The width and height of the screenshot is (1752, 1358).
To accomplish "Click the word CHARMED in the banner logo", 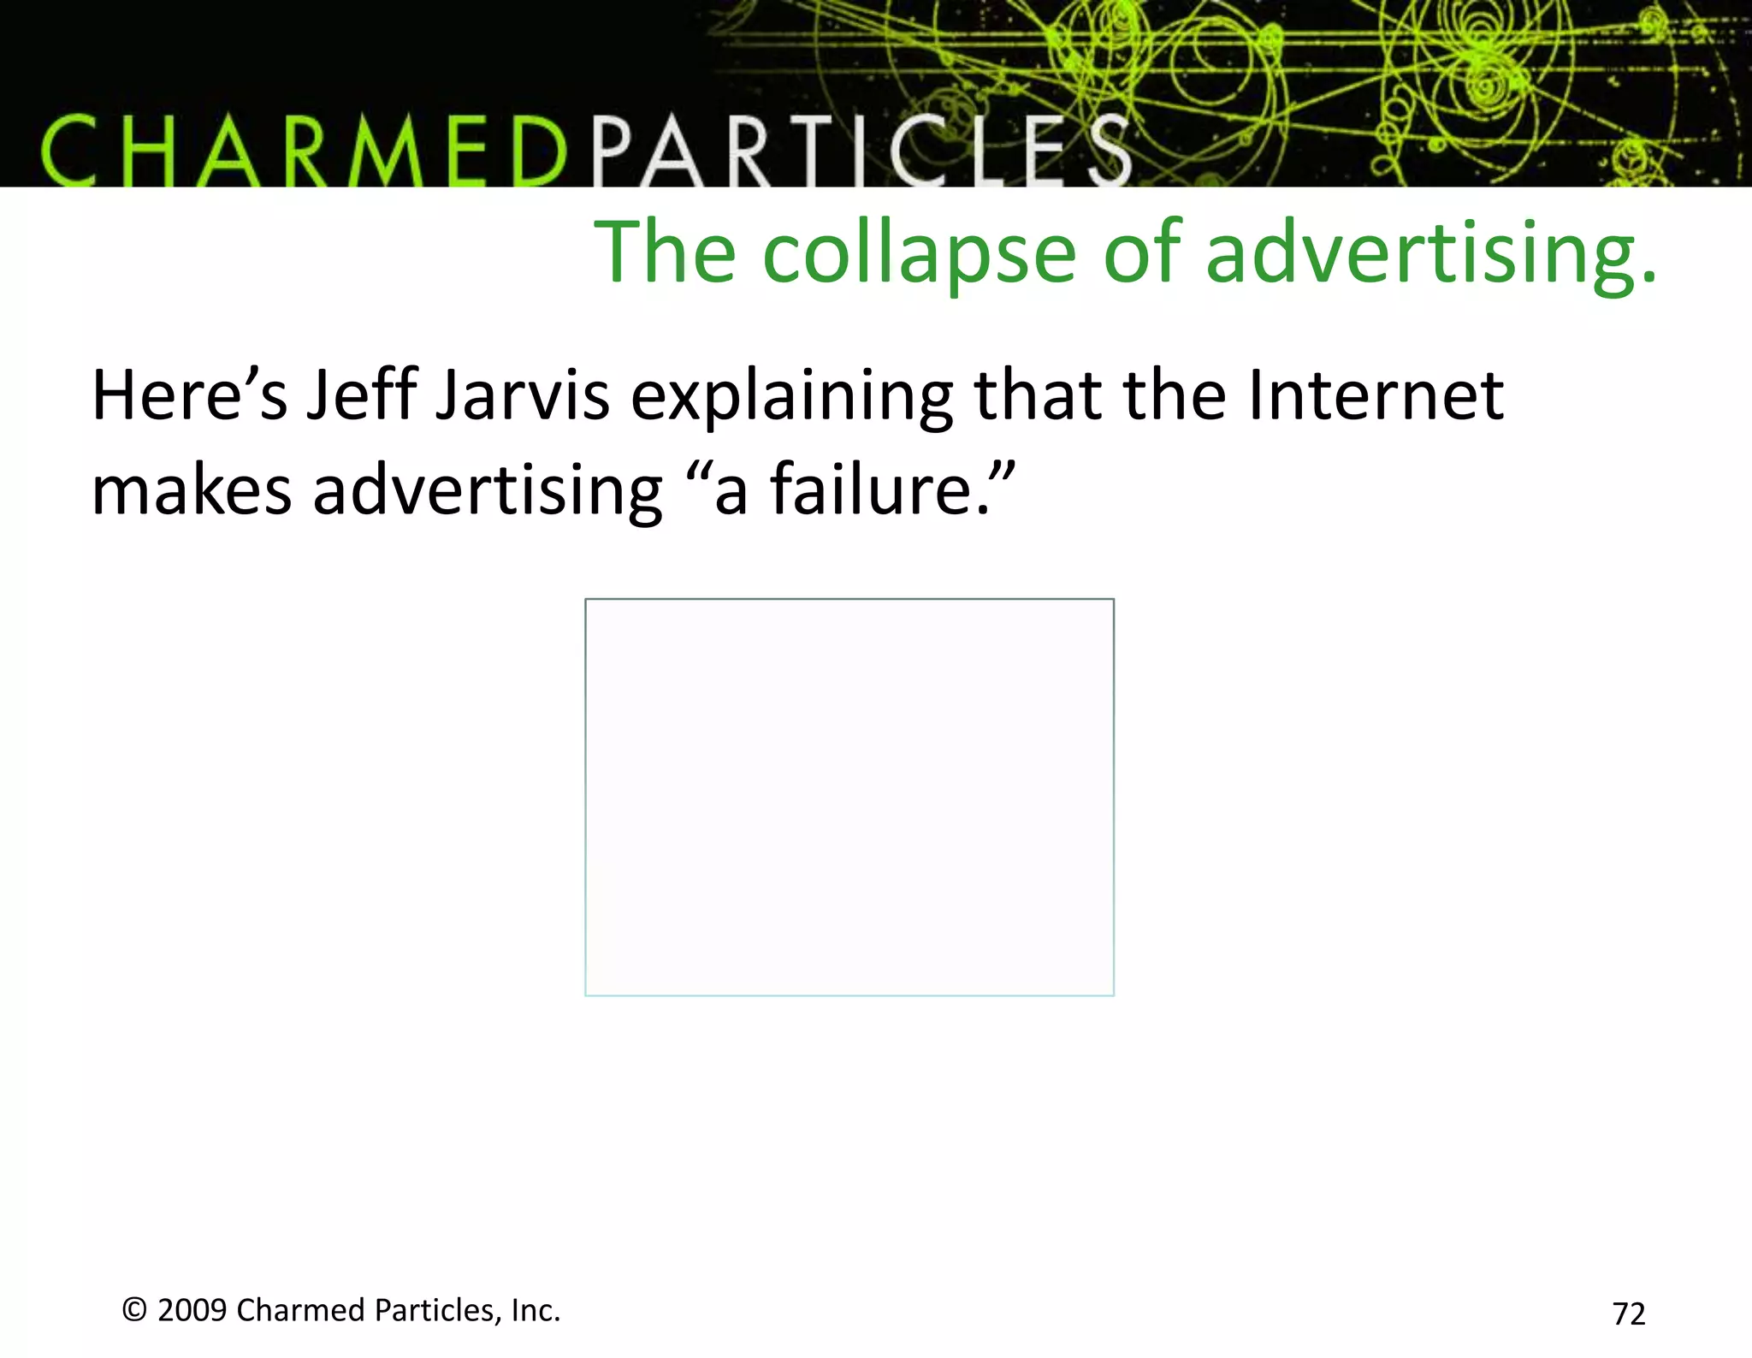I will (304, 152).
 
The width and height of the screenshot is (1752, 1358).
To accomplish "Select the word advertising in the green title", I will (1430, 253).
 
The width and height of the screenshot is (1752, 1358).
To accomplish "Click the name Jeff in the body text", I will (361, 395).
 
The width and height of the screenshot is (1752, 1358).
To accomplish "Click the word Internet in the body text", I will (1376, 395).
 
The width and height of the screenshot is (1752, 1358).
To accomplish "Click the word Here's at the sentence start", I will (190, 395).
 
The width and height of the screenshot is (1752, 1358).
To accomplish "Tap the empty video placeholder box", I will (849, 797).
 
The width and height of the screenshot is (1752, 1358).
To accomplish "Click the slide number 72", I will (1628, 1314).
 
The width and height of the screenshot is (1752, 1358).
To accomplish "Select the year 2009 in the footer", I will (192, 1310).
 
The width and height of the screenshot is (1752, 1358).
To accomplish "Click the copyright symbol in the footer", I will (134, 1310).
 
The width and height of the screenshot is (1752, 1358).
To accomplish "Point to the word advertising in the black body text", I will (488, 491).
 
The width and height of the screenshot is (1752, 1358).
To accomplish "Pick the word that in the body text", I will (1038, 395).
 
